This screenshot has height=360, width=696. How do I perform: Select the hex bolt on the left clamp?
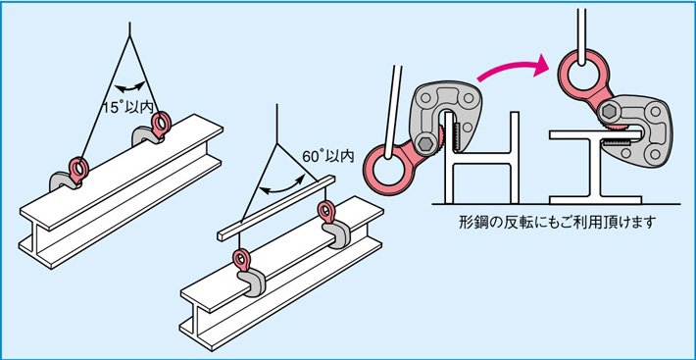[427, 144]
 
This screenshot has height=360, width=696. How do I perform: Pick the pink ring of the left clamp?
[386, 162]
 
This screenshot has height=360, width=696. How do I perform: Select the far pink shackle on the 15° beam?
[160, 122]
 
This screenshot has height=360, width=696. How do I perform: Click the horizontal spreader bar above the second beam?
[278, 207]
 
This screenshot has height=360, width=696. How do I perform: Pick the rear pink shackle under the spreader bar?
[324, 212]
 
